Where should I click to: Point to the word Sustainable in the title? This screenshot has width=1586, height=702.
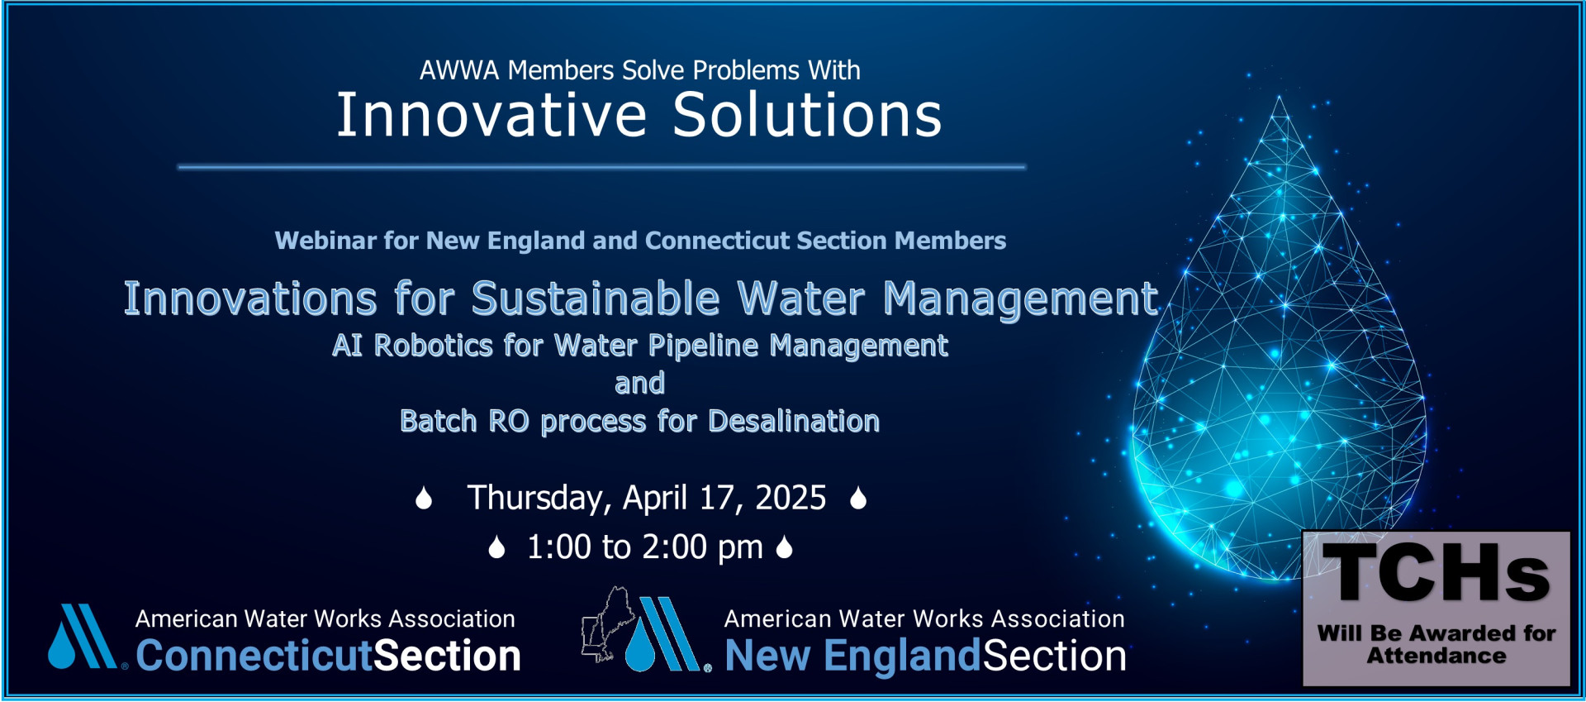(596, 298)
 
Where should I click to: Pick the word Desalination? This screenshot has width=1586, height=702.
(794, 422)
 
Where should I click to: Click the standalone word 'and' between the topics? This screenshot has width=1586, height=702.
(639, 384)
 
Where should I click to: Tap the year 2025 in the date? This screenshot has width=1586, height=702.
(791, 498)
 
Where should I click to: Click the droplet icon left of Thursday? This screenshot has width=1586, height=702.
(424, 498)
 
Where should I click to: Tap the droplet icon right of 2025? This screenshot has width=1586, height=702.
(858, 498)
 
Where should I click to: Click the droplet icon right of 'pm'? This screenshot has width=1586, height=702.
(785, 547)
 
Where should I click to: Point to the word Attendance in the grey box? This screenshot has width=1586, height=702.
(1436, 657)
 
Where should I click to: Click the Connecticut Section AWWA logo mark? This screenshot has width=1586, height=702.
(82, 637)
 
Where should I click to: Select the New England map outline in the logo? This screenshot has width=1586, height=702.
(609, 624)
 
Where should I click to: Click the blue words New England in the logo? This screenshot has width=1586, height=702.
(852, 656)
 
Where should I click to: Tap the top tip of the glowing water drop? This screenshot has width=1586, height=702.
(1280, 97)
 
